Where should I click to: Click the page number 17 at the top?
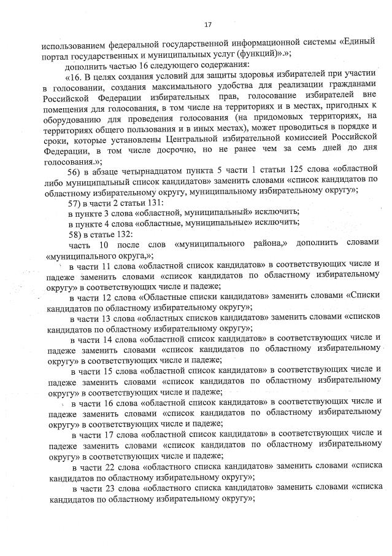[x=207, y=25]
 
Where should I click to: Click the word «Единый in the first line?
[x=359, y=44]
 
